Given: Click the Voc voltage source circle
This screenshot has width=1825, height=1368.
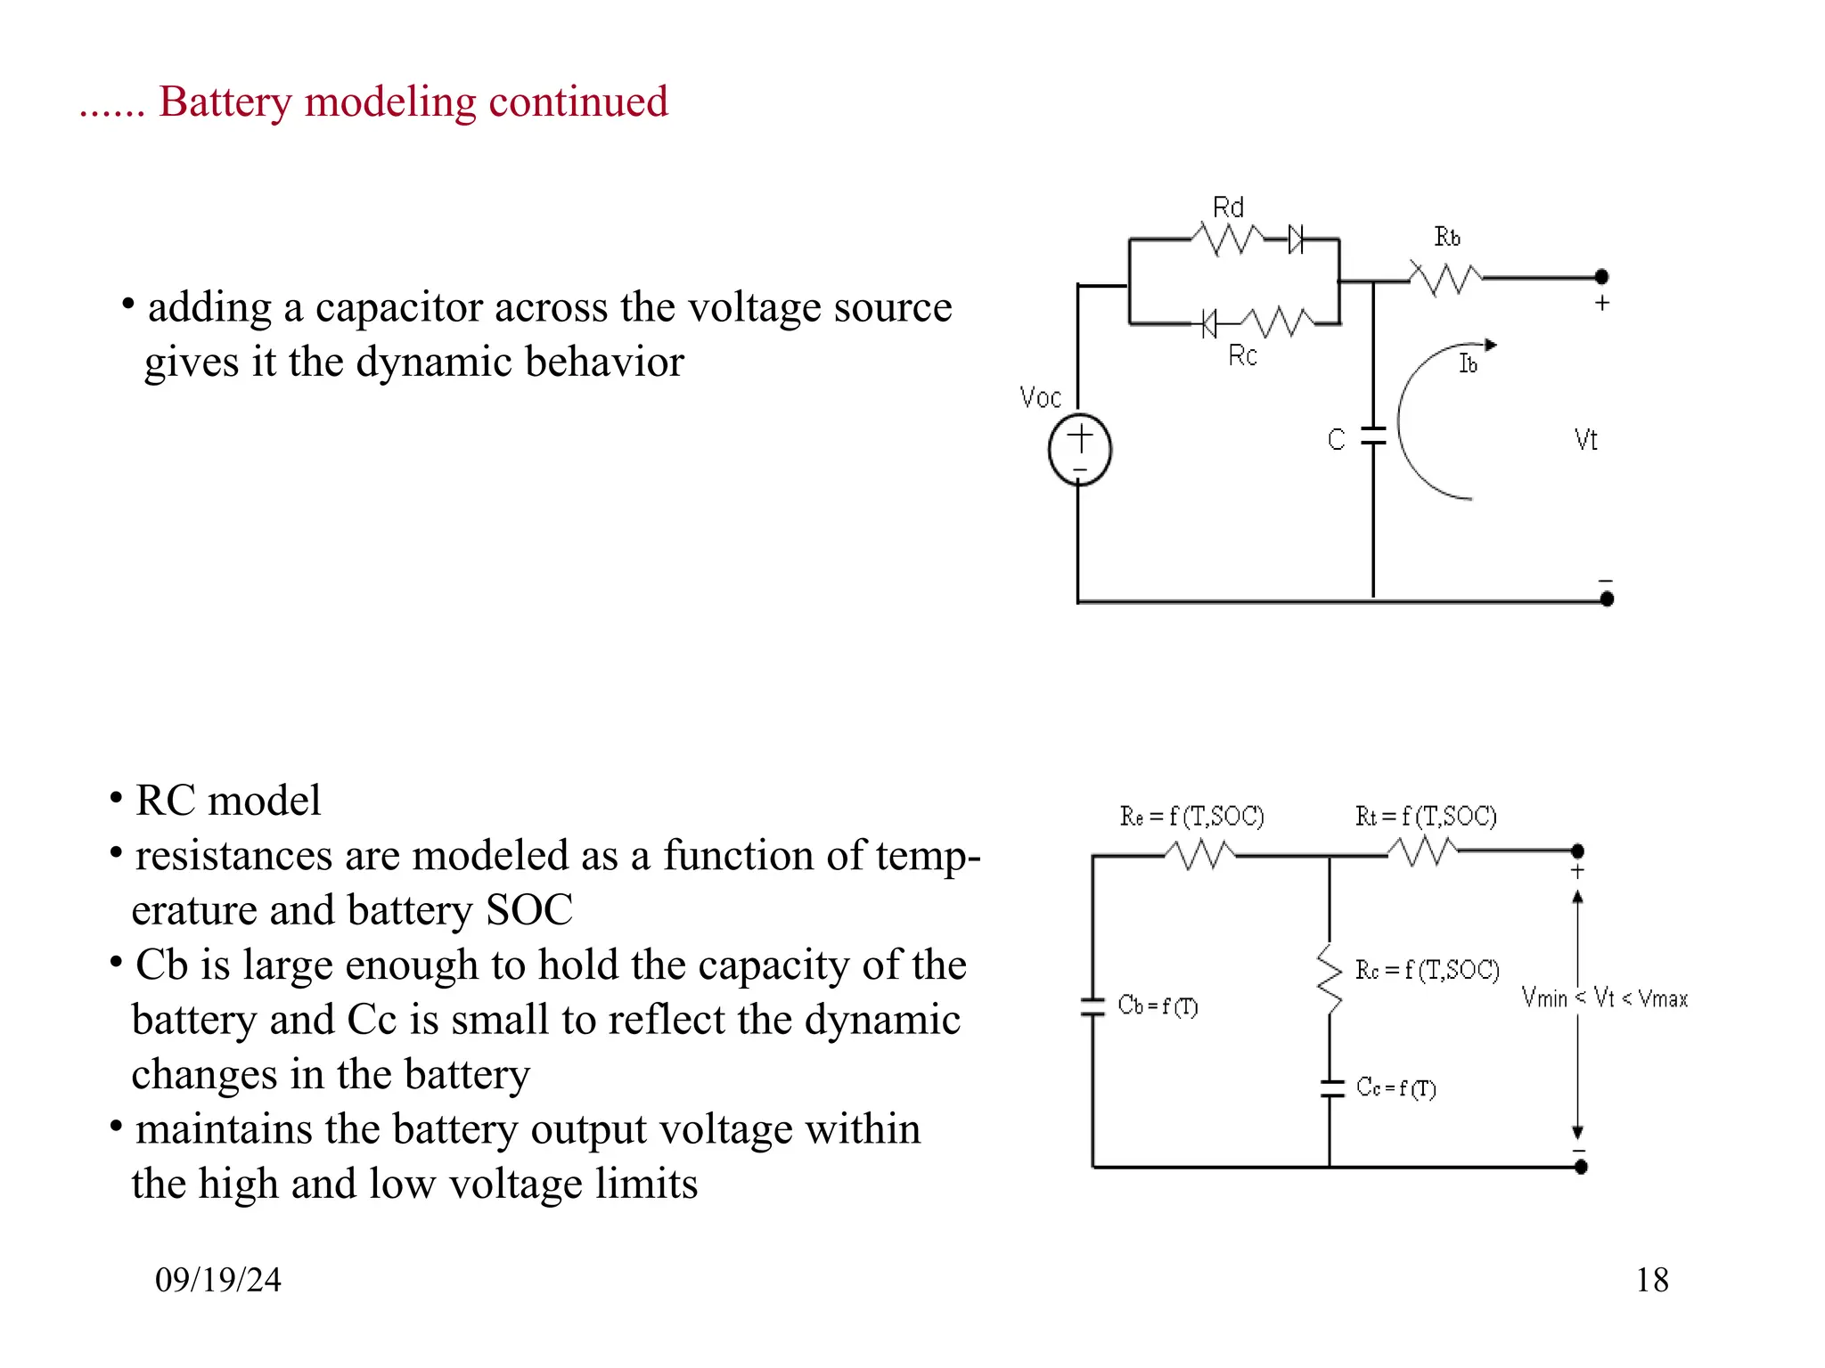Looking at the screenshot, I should point(1079,450).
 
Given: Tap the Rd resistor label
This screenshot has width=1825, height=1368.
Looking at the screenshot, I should point(1228,208).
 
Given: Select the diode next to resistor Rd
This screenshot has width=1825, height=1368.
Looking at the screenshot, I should point(1297,239).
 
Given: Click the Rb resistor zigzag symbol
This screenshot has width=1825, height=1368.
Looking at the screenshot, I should point(1445,278).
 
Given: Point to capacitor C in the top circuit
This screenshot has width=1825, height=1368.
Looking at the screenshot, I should point(1373,436).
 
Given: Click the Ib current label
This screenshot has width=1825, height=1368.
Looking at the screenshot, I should point(1468,363).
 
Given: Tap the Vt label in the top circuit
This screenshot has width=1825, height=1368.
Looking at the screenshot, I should point(1585,440).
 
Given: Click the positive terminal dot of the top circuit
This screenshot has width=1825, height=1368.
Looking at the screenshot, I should point(1601,276).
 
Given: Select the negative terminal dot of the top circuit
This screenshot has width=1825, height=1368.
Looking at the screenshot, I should point(1607,599).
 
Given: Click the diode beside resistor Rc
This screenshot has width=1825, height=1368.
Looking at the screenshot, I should point(1207,323).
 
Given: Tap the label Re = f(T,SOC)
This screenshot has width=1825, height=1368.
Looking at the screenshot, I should point(1191,816).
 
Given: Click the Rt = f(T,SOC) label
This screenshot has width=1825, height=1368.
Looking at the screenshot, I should point(1425,816).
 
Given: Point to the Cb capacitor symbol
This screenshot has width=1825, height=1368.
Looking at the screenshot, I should point(1093,1007).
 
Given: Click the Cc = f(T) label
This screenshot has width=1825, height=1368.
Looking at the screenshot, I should point(1395,1087).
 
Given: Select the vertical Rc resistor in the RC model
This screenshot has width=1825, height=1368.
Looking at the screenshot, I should point(1330,980).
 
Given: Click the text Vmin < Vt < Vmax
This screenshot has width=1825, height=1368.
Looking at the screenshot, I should point(1604,998).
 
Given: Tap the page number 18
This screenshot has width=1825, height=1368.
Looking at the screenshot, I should point(1651,1280).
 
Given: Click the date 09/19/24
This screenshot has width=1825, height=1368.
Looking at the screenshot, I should point(218,1280).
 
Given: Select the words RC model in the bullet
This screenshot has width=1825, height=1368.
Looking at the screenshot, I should point(228,800).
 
